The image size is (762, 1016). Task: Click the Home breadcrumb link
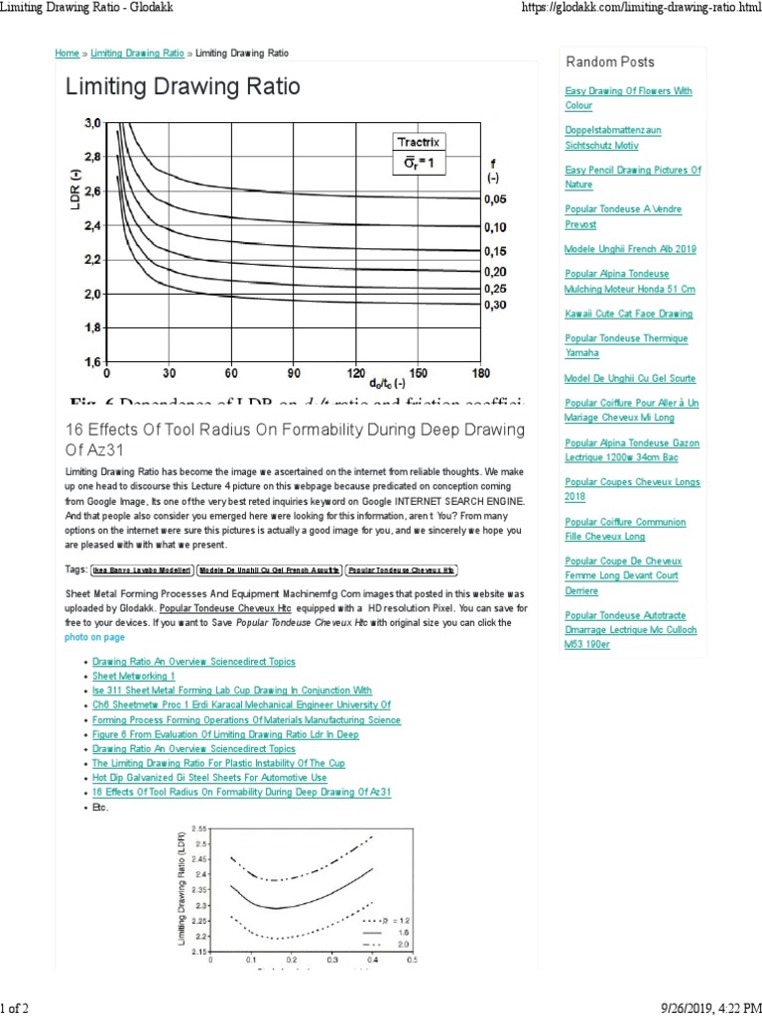click(x=66, y=53)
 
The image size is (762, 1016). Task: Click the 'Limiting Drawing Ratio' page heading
click(x=183, y=87)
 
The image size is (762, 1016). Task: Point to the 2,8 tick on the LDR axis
click(x=90, y=157)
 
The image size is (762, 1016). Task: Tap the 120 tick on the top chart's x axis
click(x=356, y=374)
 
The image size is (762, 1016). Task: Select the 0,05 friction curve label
click(x=495, y=199)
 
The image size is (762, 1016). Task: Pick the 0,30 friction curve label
click(x=495, y=306)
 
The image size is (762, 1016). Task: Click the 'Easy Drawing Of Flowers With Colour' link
click(x=628, y=97)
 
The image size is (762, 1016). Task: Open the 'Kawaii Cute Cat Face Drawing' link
click(x=628, y=314)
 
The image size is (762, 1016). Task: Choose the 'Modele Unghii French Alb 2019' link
click(x=629, y=249)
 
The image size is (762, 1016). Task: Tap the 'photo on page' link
click(x=95, y=637)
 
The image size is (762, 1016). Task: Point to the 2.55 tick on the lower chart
click(x=197, y=827)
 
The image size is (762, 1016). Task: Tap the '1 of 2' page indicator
click(x=15, y=1007)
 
